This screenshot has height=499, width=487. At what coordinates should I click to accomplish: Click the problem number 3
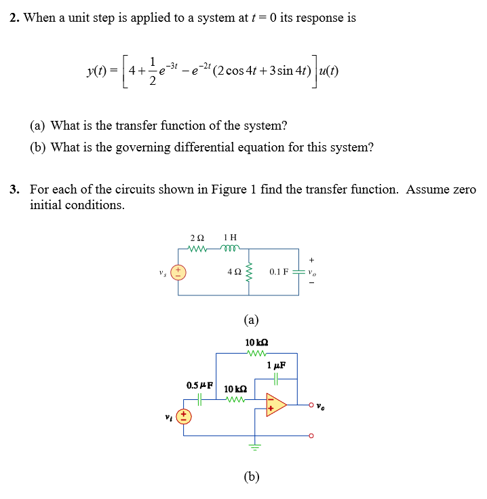14,189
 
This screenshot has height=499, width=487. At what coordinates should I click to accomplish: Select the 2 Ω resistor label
197,238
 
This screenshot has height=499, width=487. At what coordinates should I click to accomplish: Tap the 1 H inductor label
230,238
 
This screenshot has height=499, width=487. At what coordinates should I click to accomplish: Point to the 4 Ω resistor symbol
248,271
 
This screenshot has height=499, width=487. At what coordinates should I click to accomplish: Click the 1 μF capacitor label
276,365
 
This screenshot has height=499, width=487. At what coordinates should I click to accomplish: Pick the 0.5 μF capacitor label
199,386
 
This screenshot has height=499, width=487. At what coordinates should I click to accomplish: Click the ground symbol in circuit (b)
256,447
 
